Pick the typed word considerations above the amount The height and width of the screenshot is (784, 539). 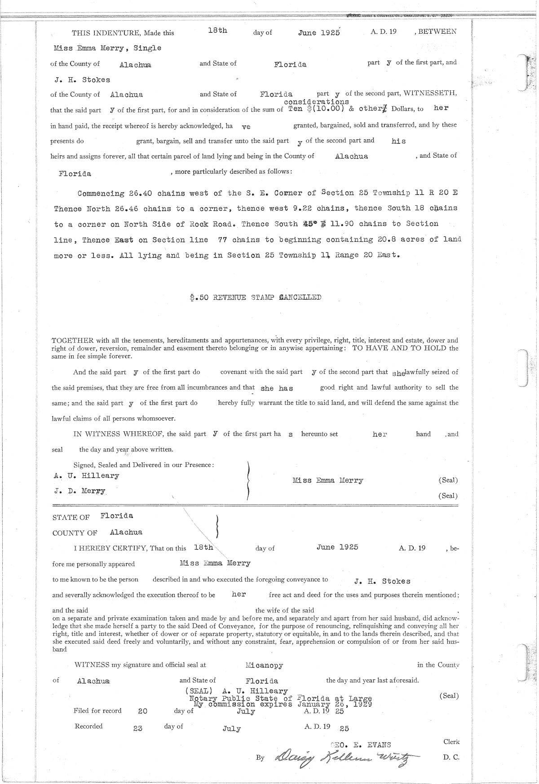click(316, 102)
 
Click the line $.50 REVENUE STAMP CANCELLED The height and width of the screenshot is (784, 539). click(255, 297)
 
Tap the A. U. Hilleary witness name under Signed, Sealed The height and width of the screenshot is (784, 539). click(86, 476)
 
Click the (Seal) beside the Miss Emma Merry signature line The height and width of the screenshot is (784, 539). click(448, 480)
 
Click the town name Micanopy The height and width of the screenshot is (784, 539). click(264, 665)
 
